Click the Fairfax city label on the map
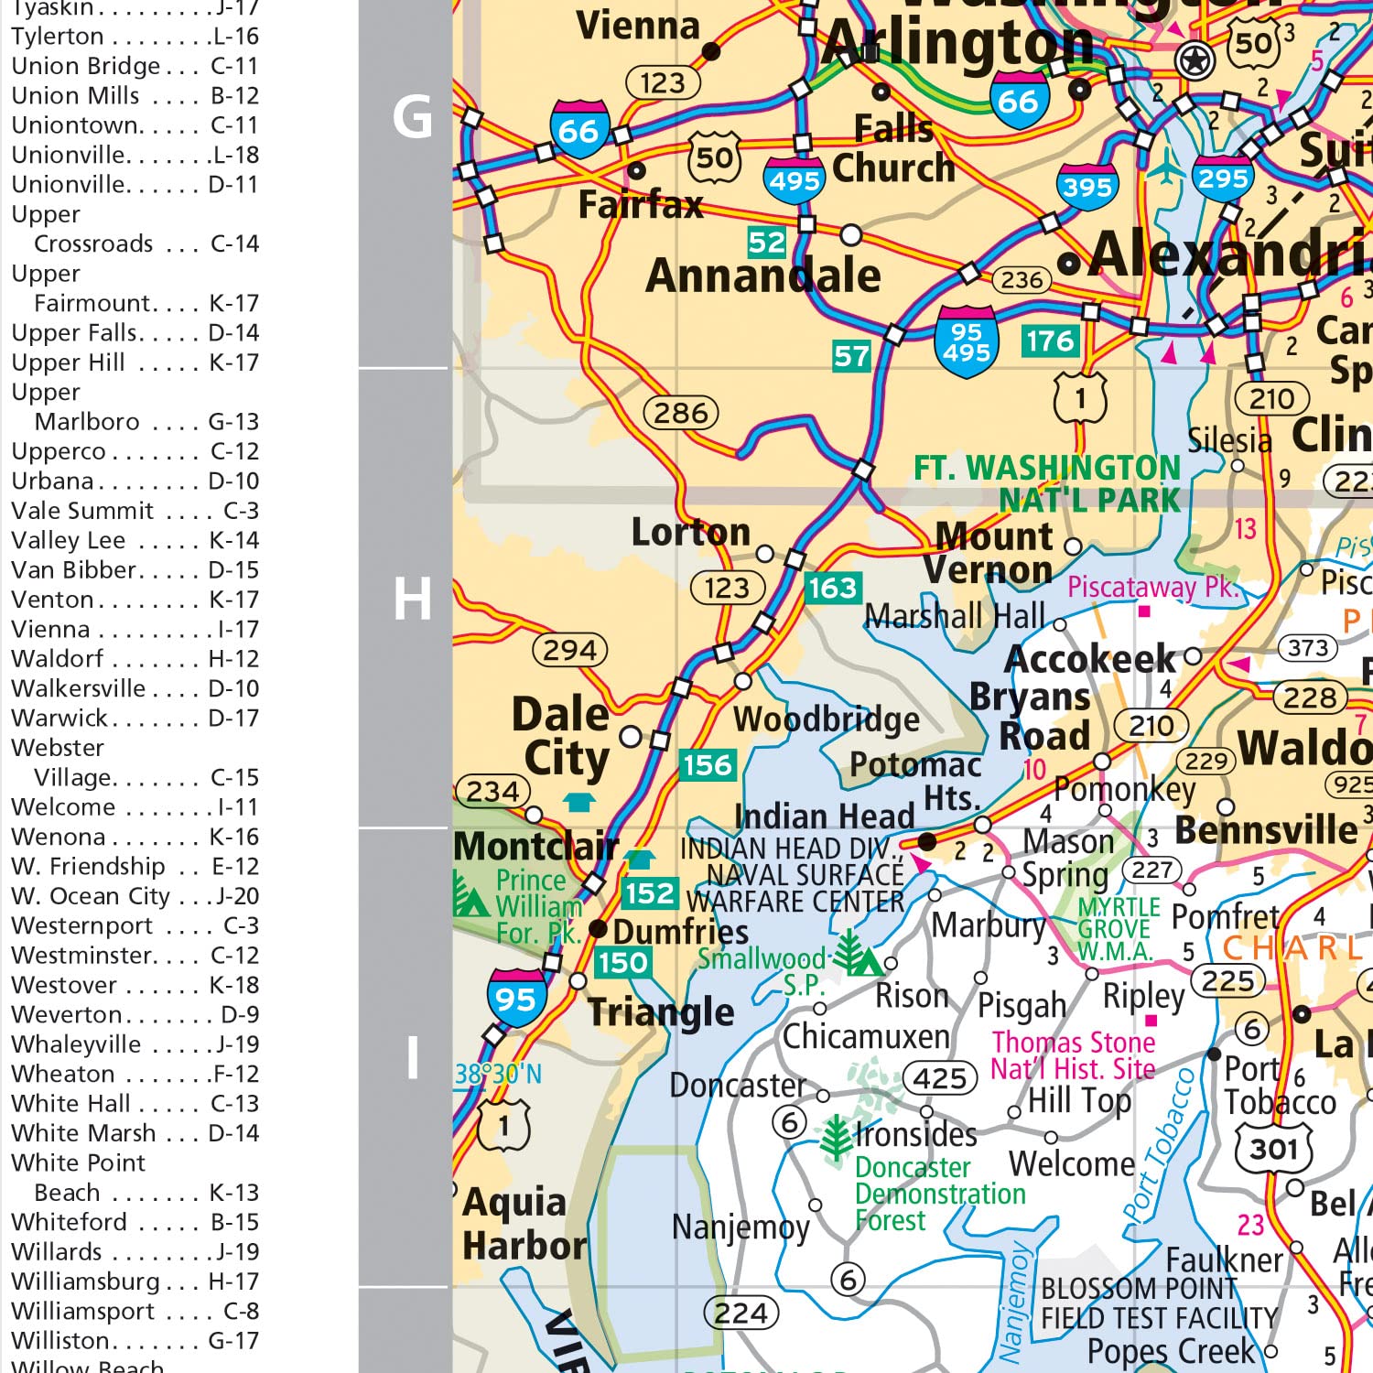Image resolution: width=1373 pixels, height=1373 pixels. point(640,205)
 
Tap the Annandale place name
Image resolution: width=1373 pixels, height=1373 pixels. point(762,276)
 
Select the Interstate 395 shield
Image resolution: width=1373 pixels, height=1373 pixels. point(1087,187)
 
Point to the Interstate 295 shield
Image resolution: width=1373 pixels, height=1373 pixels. point(1223,178)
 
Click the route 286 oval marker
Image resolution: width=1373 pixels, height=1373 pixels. point(680,413)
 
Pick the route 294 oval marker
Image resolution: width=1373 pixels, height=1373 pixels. point(569,650)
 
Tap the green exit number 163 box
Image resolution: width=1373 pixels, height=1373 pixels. point(832,588)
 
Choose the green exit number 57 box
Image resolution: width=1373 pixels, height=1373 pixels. point(851,356)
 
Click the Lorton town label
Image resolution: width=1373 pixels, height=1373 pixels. point(691,532)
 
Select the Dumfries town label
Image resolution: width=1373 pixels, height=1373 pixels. point(680,932)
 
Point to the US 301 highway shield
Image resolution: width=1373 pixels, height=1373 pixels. point(1274,1148)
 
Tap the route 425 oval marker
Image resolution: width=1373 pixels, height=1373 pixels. point(940,1078)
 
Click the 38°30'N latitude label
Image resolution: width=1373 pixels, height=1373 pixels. point(499,1074)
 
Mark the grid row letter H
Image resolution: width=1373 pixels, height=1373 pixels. point(412,600)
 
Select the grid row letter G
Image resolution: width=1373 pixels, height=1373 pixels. point(412,117)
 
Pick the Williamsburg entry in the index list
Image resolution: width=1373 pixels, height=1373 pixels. point(85,1281)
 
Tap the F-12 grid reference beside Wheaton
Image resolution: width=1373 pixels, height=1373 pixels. point(233,1074)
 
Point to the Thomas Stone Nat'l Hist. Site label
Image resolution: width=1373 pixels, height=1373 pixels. point(1073,1055)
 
